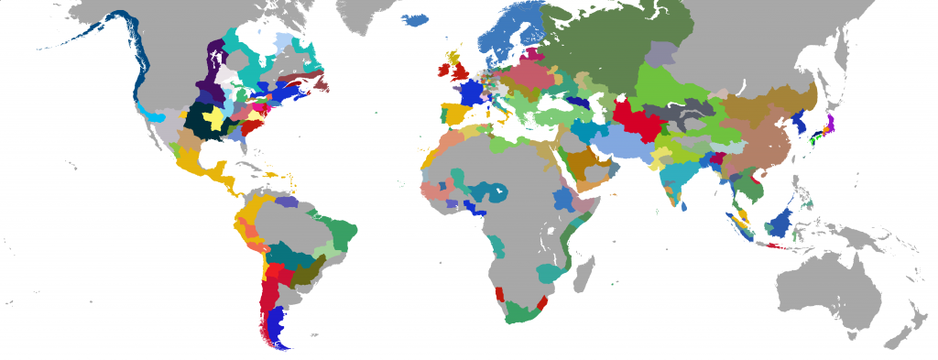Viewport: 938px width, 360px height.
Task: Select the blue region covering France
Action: coord(473,93)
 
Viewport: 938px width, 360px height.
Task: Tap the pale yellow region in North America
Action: coord(216,118)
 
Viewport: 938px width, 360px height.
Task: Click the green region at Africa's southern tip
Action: coord(518,311)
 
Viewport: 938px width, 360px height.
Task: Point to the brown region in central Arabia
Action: coord(581,162)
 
